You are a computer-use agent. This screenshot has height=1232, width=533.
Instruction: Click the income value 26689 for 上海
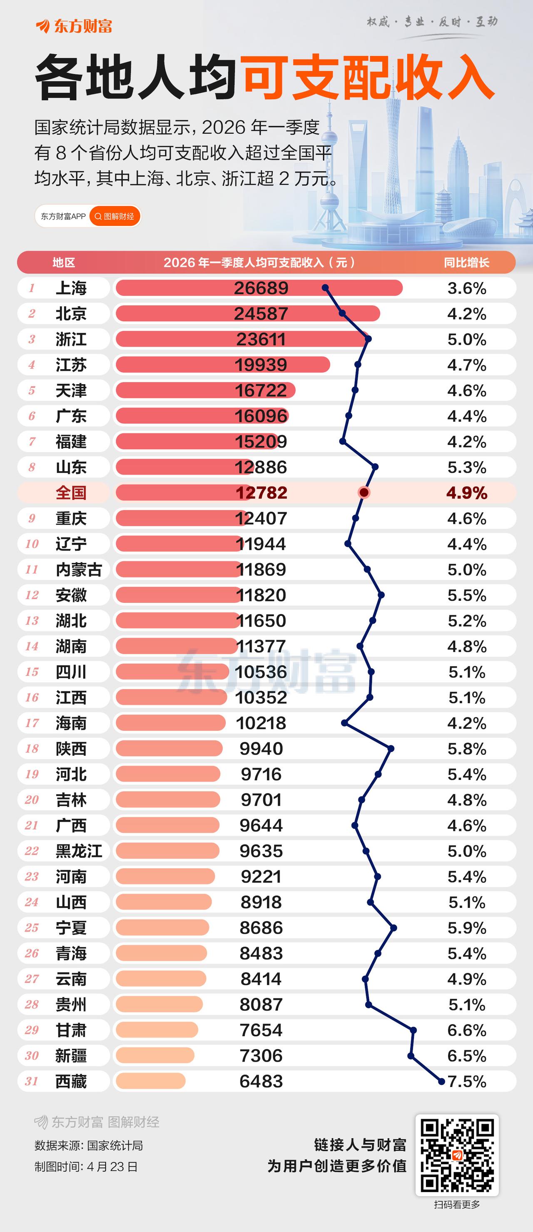(261, 288)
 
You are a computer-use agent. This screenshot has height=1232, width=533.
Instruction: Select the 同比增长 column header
(466, 262)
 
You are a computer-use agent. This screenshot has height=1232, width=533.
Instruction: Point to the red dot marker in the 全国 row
(364, 492)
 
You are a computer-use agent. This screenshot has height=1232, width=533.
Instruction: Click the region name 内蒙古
(79, 570)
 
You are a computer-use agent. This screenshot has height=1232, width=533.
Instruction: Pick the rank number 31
(32, 1081)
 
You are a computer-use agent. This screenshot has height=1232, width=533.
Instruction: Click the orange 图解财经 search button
(115, 217)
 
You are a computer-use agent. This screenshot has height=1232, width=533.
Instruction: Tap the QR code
(456, 1155)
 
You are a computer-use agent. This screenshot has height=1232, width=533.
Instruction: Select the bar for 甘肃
(157, 1030)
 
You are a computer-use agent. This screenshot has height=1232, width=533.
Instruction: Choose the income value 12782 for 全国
(261, 493)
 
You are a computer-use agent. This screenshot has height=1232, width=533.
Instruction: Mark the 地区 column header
(64, 262)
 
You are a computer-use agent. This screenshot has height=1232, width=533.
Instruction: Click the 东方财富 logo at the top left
(74, 26)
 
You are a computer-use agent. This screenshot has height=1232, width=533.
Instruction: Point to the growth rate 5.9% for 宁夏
(467, 928)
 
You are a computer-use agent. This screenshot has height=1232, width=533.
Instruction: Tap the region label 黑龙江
(79, 851)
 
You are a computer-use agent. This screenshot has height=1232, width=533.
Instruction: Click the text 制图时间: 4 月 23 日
(86, 1167)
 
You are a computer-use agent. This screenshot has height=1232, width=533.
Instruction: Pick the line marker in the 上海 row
(326, 288)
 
